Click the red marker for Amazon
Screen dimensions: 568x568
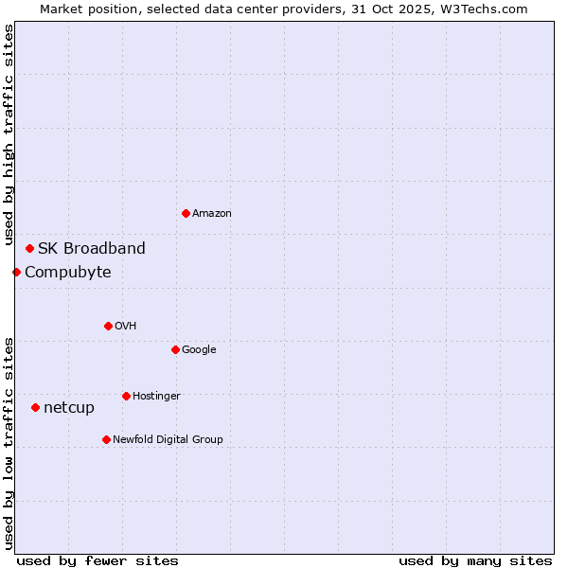(186, 213)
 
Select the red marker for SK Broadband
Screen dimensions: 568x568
(29, 248)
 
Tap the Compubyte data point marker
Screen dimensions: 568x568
(16, 272)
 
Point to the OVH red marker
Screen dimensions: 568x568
(108, 326)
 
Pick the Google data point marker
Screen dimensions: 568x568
(175, 349)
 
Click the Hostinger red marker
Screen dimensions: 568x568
(126, 396)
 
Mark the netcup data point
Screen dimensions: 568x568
(35, 407)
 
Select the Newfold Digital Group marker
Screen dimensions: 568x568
(106, 439)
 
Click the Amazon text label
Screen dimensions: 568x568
(211, 214)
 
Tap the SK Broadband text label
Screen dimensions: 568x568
(92, 249)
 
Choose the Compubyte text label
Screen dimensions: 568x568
(68, 273)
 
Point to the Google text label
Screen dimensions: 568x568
(199, 350)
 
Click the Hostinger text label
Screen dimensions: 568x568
(156, 397)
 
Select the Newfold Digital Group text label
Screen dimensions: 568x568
(168, 440)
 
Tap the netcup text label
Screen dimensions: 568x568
(69, 408)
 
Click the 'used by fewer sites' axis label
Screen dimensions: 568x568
(98, 560)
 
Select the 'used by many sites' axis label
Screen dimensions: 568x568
(475, 560)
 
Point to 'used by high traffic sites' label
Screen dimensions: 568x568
(9, 135)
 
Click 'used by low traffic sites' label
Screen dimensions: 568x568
(9, 443)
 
